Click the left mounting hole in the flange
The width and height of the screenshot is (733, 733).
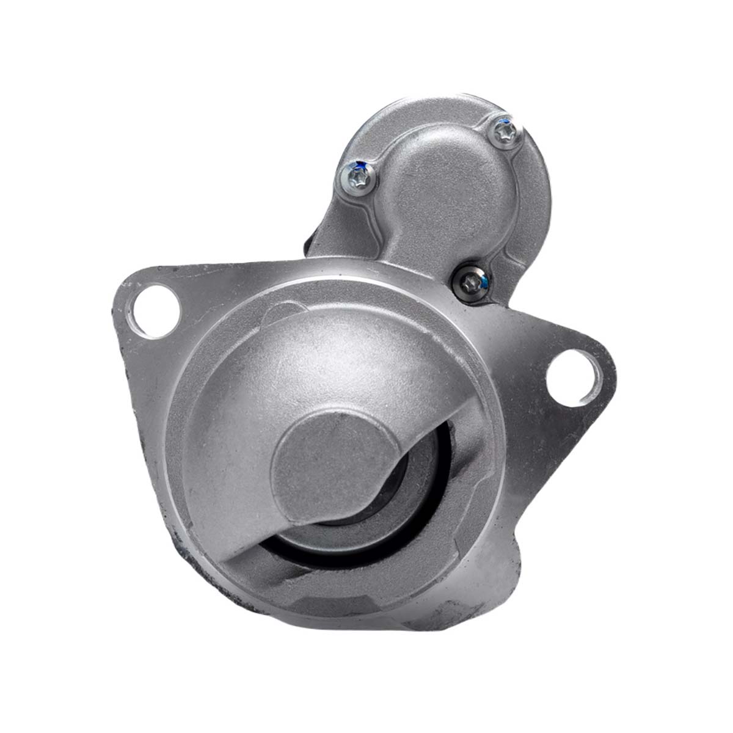(x=158, y=305)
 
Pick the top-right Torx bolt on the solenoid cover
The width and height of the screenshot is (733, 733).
(x=504, y=131)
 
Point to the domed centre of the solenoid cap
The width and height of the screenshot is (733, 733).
(x=435, y=162)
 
